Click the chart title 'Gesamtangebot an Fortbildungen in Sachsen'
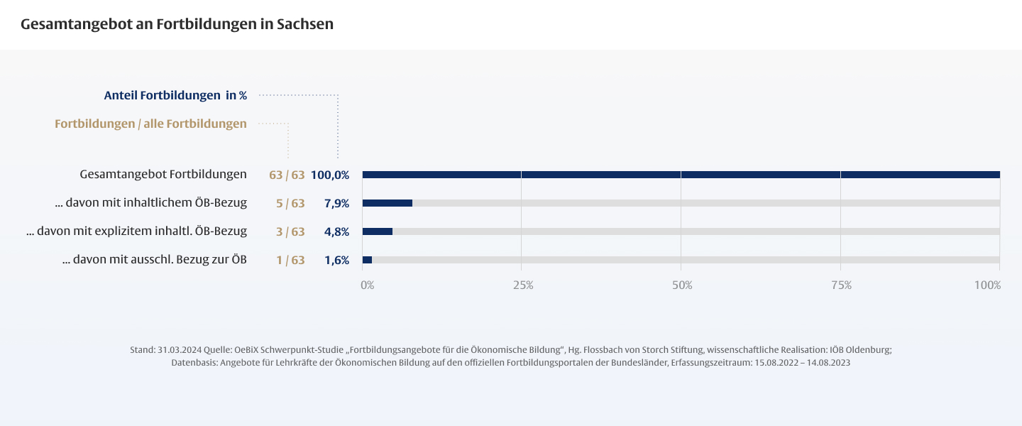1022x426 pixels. pos(177,24)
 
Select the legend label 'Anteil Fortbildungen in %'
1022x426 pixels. pos(175,94)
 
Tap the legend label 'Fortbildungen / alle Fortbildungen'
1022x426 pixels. pos(150,124)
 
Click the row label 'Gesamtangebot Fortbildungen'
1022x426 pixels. pos(163,174)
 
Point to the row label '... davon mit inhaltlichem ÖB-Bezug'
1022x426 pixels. pos(150,203)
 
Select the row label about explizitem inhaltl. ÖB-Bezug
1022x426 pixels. pos(136,231)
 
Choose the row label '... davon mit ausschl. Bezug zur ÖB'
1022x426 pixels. pos(155,260)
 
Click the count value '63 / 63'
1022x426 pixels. pos(287,175)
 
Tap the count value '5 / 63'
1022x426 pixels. pos(290,203)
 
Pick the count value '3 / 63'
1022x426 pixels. pos(290,231)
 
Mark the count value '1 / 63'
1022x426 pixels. pos(290,260)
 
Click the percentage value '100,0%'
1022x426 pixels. pos(330,175)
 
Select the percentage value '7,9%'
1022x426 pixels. pos(336,203)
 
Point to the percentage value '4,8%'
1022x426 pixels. pos(336,231)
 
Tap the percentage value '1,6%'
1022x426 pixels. pos(336,260)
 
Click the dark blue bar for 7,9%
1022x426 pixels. pos(387,203)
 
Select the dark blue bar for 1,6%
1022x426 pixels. pos(367,260)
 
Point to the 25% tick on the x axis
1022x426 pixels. pos(523,285)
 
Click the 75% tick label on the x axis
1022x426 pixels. pos(841,285)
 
